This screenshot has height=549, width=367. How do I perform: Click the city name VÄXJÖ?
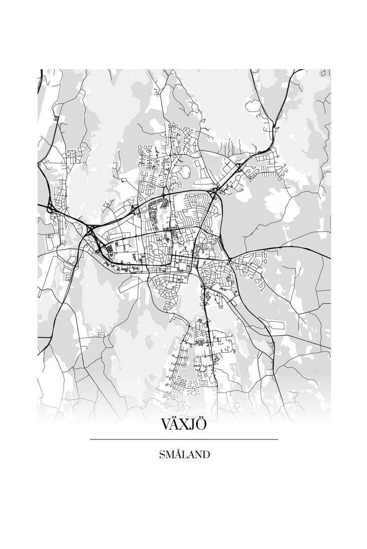(x=183, y=424)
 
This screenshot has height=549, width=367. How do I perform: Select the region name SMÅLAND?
(x=184, y=455)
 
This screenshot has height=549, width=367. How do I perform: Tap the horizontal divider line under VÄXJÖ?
(x=183, y=440)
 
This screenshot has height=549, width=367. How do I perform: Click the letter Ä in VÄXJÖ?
(x=176, y=424)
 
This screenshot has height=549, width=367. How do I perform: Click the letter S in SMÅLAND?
(x=162, y=455)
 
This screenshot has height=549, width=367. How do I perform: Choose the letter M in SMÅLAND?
(x=169, y=455)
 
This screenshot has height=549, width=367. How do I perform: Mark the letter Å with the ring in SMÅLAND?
(x=177, y=455)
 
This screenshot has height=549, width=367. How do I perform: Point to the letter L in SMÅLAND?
(x=184, y=455)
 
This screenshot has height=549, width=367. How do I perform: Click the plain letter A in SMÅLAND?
(x=191, y=455)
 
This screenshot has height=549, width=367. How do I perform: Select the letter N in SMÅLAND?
(x=198, y=455)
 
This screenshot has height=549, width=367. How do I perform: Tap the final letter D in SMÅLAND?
(x=206, y=455)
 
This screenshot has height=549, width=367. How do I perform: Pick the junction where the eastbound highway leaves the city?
(x=229, y=259)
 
